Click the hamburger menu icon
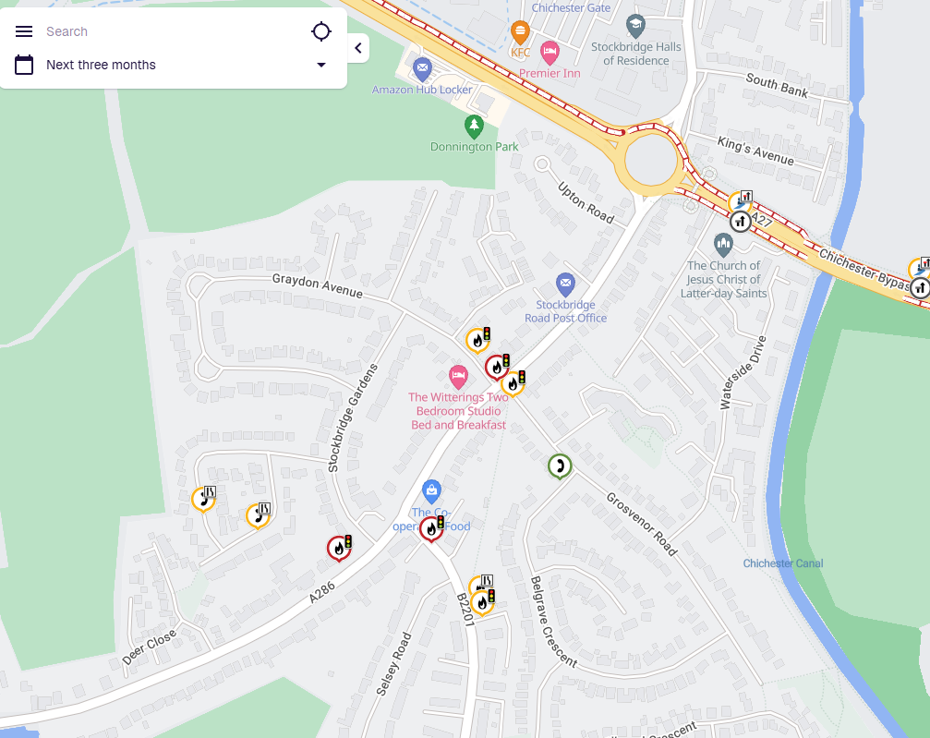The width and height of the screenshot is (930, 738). coord(24,31)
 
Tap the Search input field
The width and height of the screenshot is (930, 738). coord(166,31)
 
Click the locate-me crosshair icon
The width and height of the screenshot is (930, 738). coord(320,31)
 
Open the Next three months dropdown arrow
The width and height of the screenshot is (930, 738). coord(320,65)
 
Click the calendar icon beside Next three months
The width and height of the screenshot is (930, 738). coord(24,65)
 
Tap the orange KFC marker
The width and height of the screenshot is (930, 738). coord(521,32)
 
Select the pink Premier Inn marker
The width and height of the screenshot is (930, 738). coord(550,51)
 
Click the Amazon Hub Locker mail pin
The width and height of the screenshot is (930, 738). coord(422,67)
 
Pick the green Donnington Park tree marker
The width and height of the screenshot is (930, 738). coord(474,125)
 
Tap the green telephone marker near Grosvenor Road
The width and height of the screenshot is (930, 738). coord(558,466)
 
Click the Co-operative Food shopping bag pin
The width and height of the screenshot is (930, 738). coord(430,490)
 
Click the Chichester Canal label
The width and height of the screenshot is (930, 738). coord(782,563)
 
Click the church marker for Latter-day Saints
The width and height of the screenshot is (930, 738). coord(723,245)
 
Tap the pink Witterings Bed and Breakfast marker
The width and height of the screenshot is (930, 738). coord(457,376)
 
